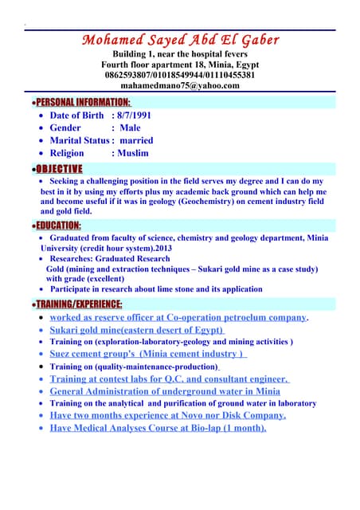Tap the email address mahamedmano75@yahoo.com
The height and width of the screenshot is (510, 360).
(179, 85)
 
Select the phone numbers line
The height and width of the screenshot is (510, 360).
(179, 75)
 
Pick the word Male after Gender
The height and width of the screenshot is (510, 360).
(129, 127)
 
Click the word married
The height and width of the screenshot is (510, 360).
(136, 140)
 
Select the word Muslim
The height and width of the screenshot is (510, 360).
(133, 153)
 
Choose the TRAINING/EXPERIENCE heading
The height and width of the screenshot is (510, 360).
(76, 304)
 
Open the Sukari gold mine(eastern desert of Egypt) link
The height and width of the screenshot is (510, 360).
(137, 330)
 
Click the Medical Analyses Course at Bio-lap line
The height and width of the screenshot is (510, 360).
(158, 428)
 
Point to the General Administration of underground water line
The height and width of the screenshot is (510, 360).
(165, 391)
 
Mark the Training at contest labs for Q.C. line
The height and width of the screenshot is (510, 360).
(169, 379)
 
